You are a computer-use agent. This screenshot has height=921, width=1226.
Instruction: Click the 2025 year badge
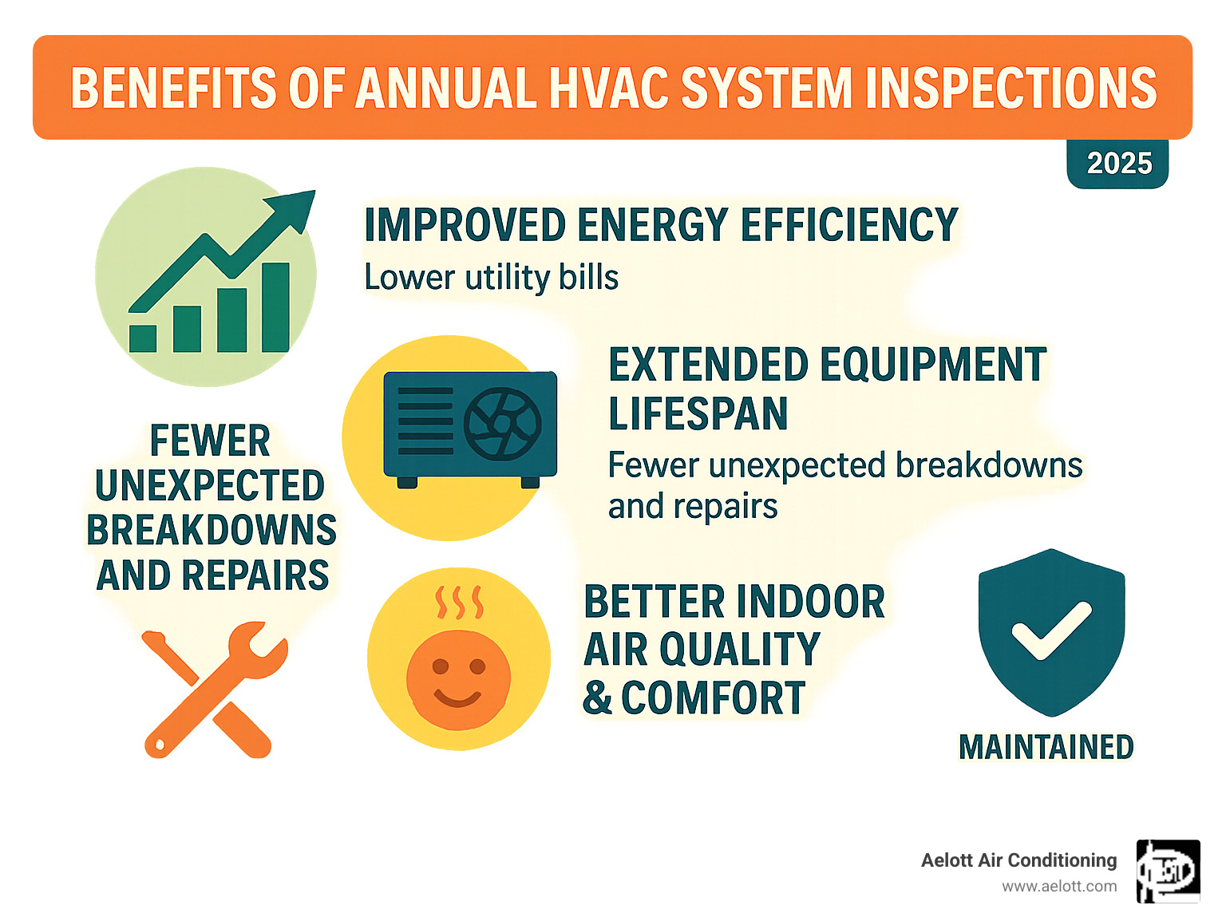click(1118, 164)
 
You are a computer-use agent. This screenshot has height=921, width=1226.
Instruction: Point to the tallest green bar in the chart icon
click(275, 307)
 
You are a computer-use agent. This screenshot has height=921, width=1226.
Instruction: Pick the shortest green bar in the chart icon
click(143, 338)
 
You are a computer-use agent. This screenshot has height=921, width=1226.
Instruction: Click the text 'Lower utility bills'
click(491, 278)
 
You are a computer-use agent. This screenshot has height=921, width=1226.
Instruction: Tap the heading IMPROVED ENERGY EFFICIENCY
click(661, 225)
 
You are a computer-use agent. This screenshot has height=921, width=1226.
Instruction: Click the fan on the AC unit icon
click(503, 424)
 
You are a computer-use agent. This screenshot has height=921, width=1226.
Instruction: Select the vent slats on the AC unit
click(425, 421)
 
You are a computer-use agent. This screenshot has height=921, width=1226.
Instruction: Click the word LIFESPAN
click(698, 414)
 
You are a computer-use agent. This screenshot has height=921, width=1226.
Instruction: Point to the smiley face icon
click(458, 679)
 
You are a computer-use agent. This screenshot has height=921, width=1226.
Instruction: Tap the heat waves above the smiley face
click(458, 603)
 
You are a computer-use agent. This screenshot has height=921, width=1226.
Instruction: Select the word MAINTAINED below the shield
click(1046, 748)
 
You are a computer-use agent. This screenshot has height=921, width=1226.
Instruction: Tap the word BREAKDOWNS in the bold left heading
click(212, 531)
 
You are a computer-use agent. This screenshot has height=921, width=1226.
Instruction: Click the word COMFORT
click(713, 698)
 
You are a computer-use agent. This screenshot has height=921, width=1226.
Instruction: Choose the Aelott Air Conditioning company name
click(1018, 860)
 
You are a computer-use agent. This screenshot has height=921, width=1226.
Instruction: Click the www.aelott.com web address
click(1059, 887)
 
